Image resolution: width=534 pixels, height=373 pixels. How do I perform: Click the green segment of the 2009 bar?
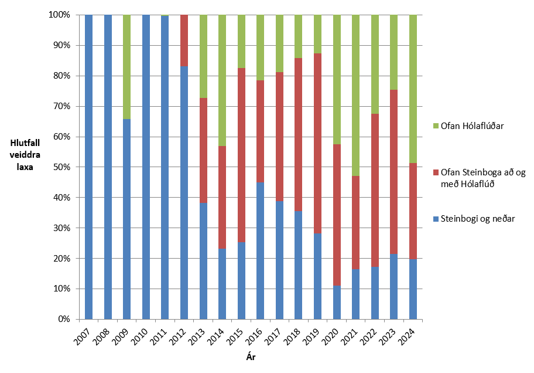click(127, 67)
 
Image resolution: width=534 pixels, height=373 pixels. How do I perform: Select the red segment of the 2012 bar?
click(184, 40)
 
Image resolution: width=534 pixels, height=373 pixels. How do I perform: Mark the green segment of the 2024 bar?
click(412, 89)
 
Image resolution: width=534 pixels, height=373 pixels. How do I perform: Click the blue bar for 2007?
click(89, 167)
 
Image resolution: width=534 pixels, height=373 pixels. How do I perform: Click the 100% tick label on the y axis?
click(59, 15)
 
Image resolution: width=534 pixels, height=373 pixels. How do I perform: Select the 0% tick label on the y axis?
click(63, 319)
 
